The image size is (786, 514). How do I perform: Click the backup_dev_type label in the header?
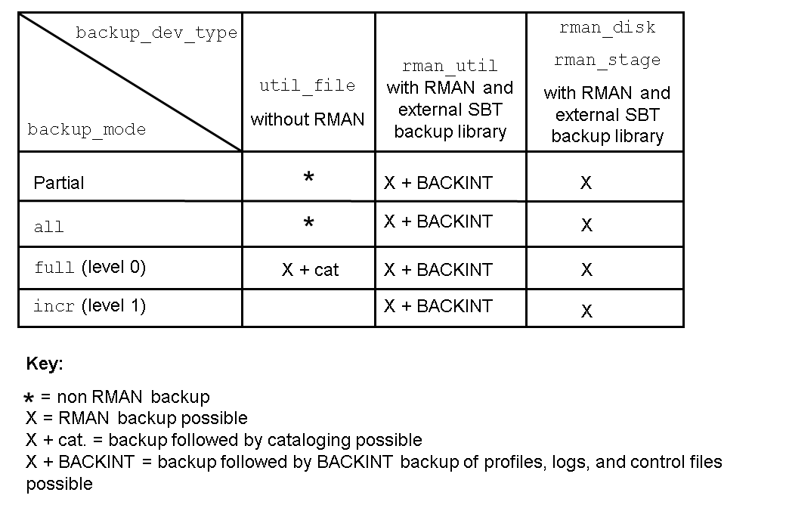click(x=156, y=33)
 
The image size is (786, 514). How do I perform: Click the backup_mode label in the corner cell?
click(x=87, y=130)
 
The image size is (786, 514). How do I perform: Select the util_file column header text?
click(x=308, y=85)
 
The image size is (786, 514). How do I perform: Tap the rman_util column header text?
click(x=450, y=66)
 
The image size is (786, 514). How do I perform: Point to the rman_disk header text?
click(x=607, y=27)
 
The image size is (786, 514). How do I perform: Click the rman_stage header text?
click(x=607, y=60)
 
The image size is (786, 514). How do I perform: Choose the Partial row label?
click(x=59, y=182)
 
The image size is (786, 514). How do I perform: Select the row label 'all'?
click(x=48, y=227)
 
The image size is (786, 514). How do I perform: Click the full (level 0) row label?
click(x=90, y=267)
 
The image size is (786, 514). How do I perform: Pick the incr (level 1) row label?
click(x=90, y=305)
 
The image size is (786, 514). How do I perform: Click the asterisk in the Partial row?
click(x=309, y=177)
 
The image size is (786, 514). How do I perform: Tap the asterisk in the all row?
click(x=309, y=221)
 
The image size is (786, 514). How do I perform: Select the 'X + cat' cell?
click(x=311, y=270)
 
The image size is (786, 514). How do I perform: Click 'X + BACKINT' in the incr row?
click(x=438, y=306)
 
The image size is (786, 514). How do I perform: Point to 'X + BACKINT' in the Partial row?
click(x=438, y=182)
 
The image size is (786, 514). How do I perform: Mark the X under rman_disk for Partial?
click(x=586, y=182)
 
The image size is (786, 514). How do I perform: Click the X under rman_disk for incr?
click(x=586, y=311)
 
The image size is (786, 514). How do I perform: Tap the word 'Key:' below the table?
click(x=45, y=363)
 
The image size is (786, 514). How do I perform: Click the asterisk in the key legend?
click(x=29, y=398)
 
